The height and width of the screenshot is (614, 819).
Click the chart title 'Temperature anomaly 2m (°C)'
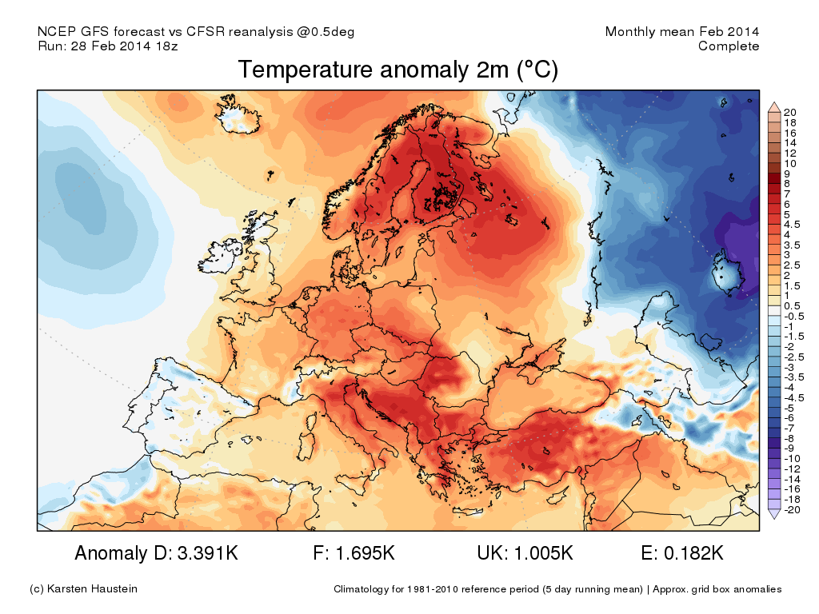tap(398, 70)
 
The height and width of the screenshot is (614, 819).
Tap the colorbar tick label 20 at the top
tap(789, 112)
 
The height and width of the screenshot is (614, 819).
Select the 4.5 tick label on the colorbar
tap(792, 225)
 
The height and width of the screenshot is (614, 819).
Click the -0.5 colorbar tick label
tap(792, 316)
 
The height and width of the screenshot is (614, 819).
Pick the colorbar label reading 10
tap(789, 163)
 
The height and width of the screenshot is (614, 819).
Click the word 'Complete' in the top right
tap(729, 46)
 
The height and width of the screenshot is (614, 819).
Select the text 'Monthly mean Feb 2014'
tap(682, 32)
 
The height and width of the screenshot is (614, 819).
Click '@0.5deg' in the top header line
tap(327, 32)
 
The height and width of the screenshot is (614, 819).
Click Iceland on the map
tap(240, 117)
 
